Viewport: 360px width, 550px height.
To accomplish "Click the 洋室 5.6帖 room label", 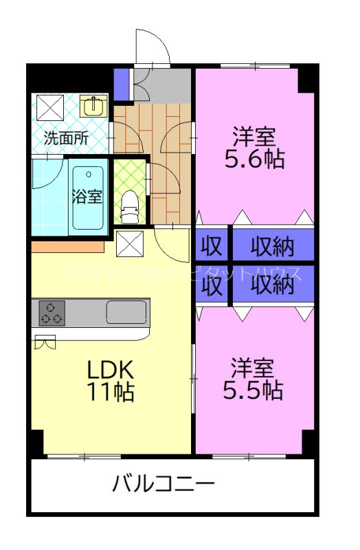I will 254,147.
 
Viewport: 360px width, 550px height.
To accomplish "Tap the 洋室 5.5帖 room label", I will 253,379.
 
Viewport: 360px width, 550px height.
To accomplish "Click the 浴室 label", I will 88,196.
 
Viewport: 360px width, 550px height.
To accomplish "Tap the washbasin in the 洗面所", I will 93,106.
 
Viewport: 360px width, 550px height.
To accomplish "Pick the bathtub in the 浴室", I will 88,198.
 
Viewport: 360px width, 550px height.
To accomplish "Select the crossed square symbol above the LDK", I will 130,243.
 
